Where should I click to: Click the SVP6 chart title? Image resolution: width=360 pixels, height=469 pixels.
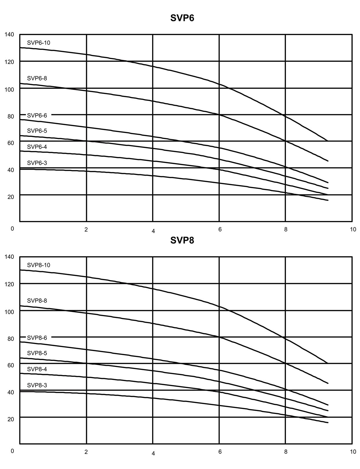click(182, 18)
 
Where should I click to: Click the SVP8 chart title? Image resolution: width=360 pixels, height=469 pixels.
click(182, 240)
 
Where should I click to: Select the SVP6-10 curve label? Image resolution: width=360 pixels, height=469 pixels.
click(39, 43)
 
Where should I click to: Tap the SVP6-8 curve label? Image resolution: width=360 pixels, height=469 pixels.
click(37, 78)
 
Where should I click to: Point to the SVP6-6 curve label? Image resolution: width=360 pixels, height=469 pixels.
click(37, 115)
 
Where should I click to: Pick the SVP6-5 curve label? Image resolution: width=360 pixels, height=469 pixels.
click(37, 131)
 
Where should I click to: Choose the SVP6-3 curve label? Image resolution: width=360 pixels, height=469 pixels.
click(37, 163)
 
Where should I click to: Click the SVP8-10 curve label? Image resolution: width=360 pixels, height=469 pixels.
click(39, 265)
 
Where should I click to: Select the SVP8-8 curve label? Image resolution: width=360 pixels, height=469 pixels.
click(37, 301)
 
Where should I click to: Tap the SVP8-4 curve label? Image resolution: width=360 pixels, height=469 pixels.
click(37, 369)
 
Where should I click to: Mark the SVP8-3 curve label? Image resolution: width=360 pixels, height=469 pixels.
click(37, 385)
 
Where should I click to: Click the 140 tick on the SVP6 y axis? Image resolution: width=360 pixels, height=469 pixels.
click(9, 35)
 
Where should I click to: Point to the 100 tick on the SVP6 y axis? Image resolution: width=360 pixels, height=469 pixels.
click(9, 89)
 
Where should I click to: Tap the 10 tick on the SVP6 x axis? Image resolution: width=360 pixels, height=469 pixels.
click(353, 229)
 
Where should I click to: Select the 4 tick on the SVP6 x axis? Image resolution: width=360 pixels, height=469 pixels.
click(153, 231)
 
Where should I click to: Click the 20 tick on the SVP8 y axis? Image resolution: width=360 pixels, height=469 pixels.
click(11, 419)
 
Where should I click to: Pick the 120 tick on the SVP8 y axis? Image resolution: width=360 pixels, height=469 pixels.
click(9, 284)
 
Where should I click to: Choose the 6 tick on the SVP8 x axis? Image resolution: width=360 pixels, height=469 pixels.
click(220, 452)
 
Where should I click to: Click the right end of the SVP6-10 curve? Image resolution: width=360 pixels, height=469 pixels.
click(327, 141)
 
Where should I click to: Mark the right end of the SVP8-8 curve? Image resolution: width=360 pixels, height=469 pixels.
click(328, 383)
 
